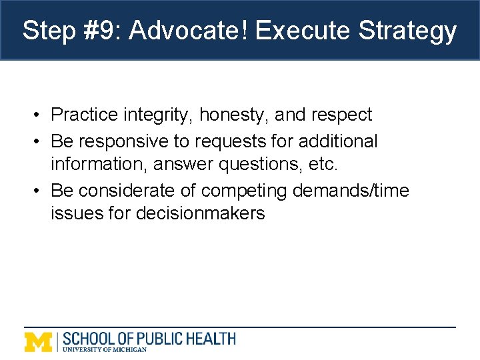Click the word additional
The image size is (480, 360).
pyautogui.click(x=338, y=141)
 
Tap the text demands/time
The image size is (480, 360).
pyautogui.click(x=357, y=191)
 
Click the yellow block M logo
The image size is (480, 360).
pyautogui.click(x=38, y=341)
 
